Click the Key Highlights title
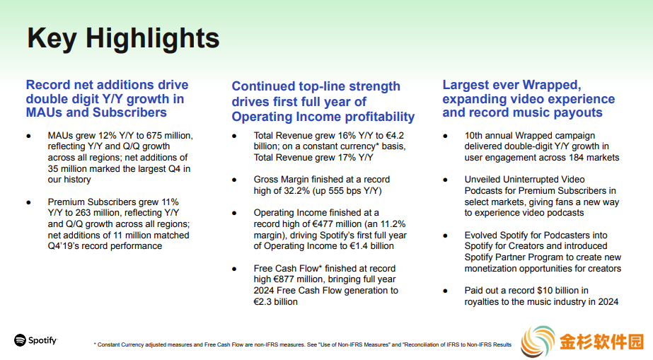123,38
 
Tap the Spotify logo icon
20,340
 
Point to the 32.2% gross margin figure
296,191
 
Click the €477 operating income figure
323,224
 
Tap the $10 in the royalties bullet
545,291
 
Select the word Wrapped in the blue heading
551,85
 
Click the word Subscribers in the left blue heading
129,112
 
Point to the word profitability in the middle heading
380,117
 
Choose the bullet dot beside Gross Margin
234,180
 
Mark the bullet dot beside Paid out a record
445,291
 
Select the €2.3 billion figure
276,302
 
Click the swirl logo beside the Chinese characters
538,342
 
